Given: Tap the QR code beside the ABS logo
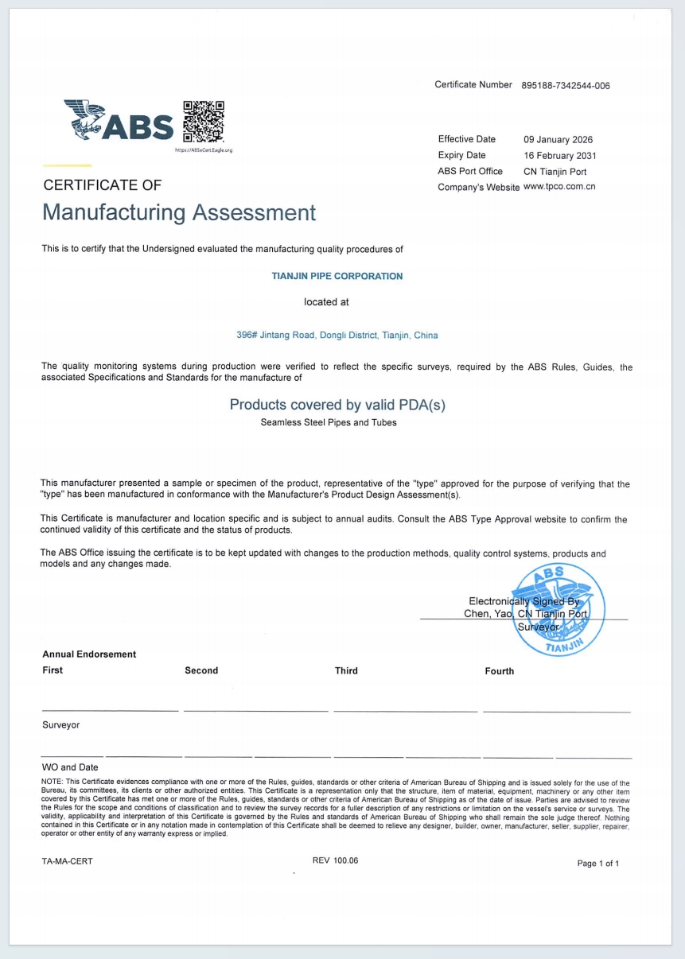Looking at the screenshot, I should [204, 121].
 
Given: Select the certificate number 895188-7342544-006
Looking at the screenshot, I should [566, 86].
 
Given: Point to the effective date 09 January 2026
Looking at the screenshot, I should [558, 140].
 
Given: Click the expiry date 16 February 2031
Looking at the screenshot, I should [559, 156].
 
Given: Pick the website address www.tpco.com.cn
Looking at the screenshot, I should [559, 187].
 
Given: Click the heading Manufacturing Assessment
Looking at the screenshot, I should [179, 213].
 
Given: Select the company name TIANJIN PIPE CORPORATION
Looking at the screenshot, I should [337, 277].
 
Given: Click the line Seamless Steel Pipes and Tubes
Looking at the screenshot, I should [329, 422].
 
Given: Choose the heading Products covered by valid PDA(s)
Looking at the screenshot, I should [337, 405].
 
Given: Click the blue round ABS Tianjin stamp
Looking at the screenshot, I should [558, 608].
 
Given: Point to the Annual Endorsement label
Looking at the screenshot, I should [89, 654].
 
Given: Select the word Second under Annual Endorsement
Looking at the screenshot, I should [201, 670].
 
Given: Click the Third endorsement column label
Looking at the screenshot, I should [346, 671].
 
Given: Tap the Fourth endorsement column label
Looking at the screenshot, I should [499, 671].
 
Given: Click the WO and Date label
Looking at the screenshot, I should [71, 767].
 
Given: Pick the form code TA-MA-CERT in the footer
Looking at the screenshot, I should [68, 861].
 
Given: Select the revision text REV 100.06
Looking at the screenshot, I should [336, 860].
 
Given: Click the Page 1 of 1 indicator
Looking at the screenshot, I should [598, 864].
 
